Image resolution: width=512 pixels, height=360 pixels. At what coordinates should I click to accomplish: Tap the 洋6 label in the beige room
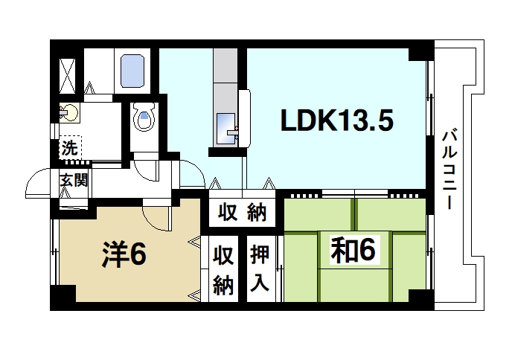click(124, 254)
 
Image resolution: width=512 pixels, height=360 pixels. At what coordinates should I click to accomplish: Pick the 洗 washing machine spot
click(69, 147)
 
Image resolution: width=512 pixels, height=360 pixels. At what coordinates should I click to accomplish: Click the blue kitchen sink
click(225, 126)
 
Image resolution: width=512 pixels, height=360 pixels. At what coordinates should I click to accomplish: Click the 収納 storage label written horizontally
click(243, 213)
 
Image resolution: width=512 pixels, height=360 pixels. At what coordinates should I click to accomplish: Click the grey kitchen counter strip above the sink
click(224, 78)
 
